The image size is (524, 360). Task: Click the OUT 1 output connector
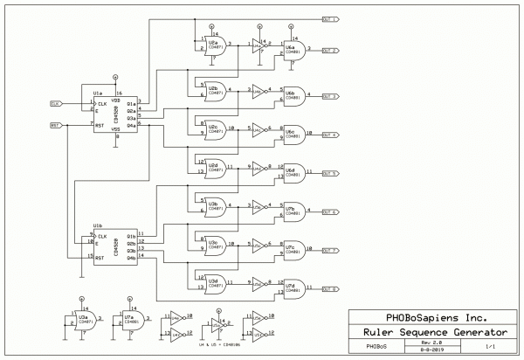[331, 18]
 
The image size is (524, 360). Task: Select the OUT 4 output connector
[329, 135]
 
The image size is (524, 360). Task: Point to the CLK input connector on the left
[55, 103]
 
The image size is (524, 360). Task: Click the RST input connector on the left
[55, 125]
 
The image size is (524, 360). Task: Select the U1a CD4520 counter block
[115, 114]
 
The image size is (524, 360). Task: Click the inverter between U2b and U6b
[259, 89]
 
